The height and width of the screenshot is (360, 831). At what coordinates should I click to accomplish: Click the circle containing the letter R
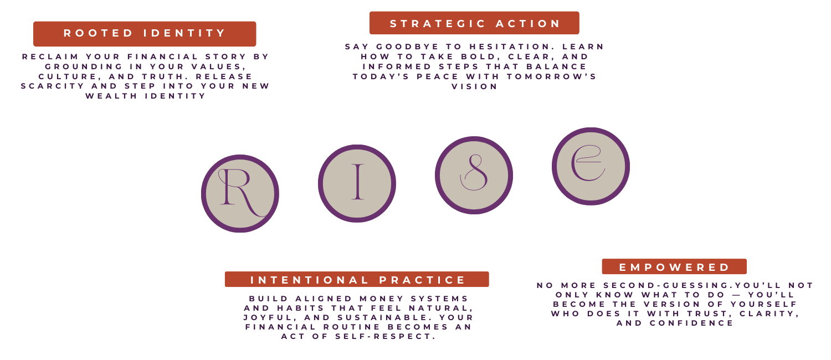coord(240,193)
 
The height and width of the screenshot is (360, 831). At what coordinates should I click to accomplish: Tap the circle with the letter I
coord(357,183)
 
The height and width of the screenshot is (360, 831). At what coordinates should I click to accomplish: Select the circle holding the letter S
coord(474,175)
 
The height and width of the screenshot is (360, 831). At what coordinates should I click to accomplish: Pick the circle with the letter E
coord(591,166)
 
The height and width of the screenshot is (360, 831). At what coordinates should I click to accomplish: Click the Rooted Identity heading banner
coord(145,34)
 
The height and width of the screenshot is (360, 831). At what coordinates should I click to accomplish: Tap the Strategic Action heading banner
coord(474,23)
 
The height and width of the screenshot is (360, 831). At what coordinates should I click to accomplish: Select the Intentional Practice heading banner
coord(357,280)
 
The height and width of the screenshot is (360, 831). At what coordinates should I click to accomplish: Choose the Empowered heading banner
coord(674,267)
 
